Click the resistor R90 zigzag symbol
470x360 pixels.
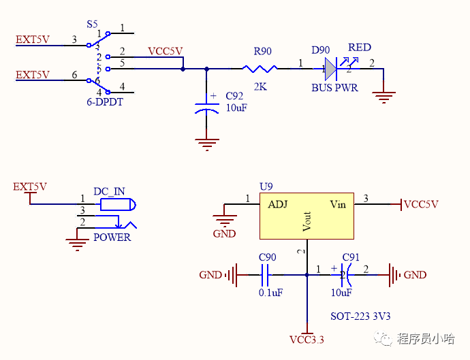click(x=260, y=68)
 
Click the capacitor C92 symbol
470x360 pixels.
click(x=207, y=109)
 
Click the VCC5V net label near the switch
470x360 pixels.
click(x=166, y=52)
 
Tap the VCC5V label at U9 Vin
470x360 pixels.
click(x=421, y=204)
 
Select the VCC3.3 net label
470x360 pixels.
click(x=307, y=340)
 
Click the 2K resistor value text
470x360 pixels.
click(x=260, y=87)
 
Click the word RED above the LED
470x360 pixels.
click(x=360, y=48)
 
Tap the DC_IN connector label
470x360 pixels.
click(x=109, y=192)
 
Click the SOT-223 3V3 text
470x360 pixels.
click(x=360, y=316)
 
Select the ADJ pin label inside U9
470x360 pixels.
click(x=278, y=204)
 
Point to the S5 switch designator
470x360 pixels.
click(x=92, y=24)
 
